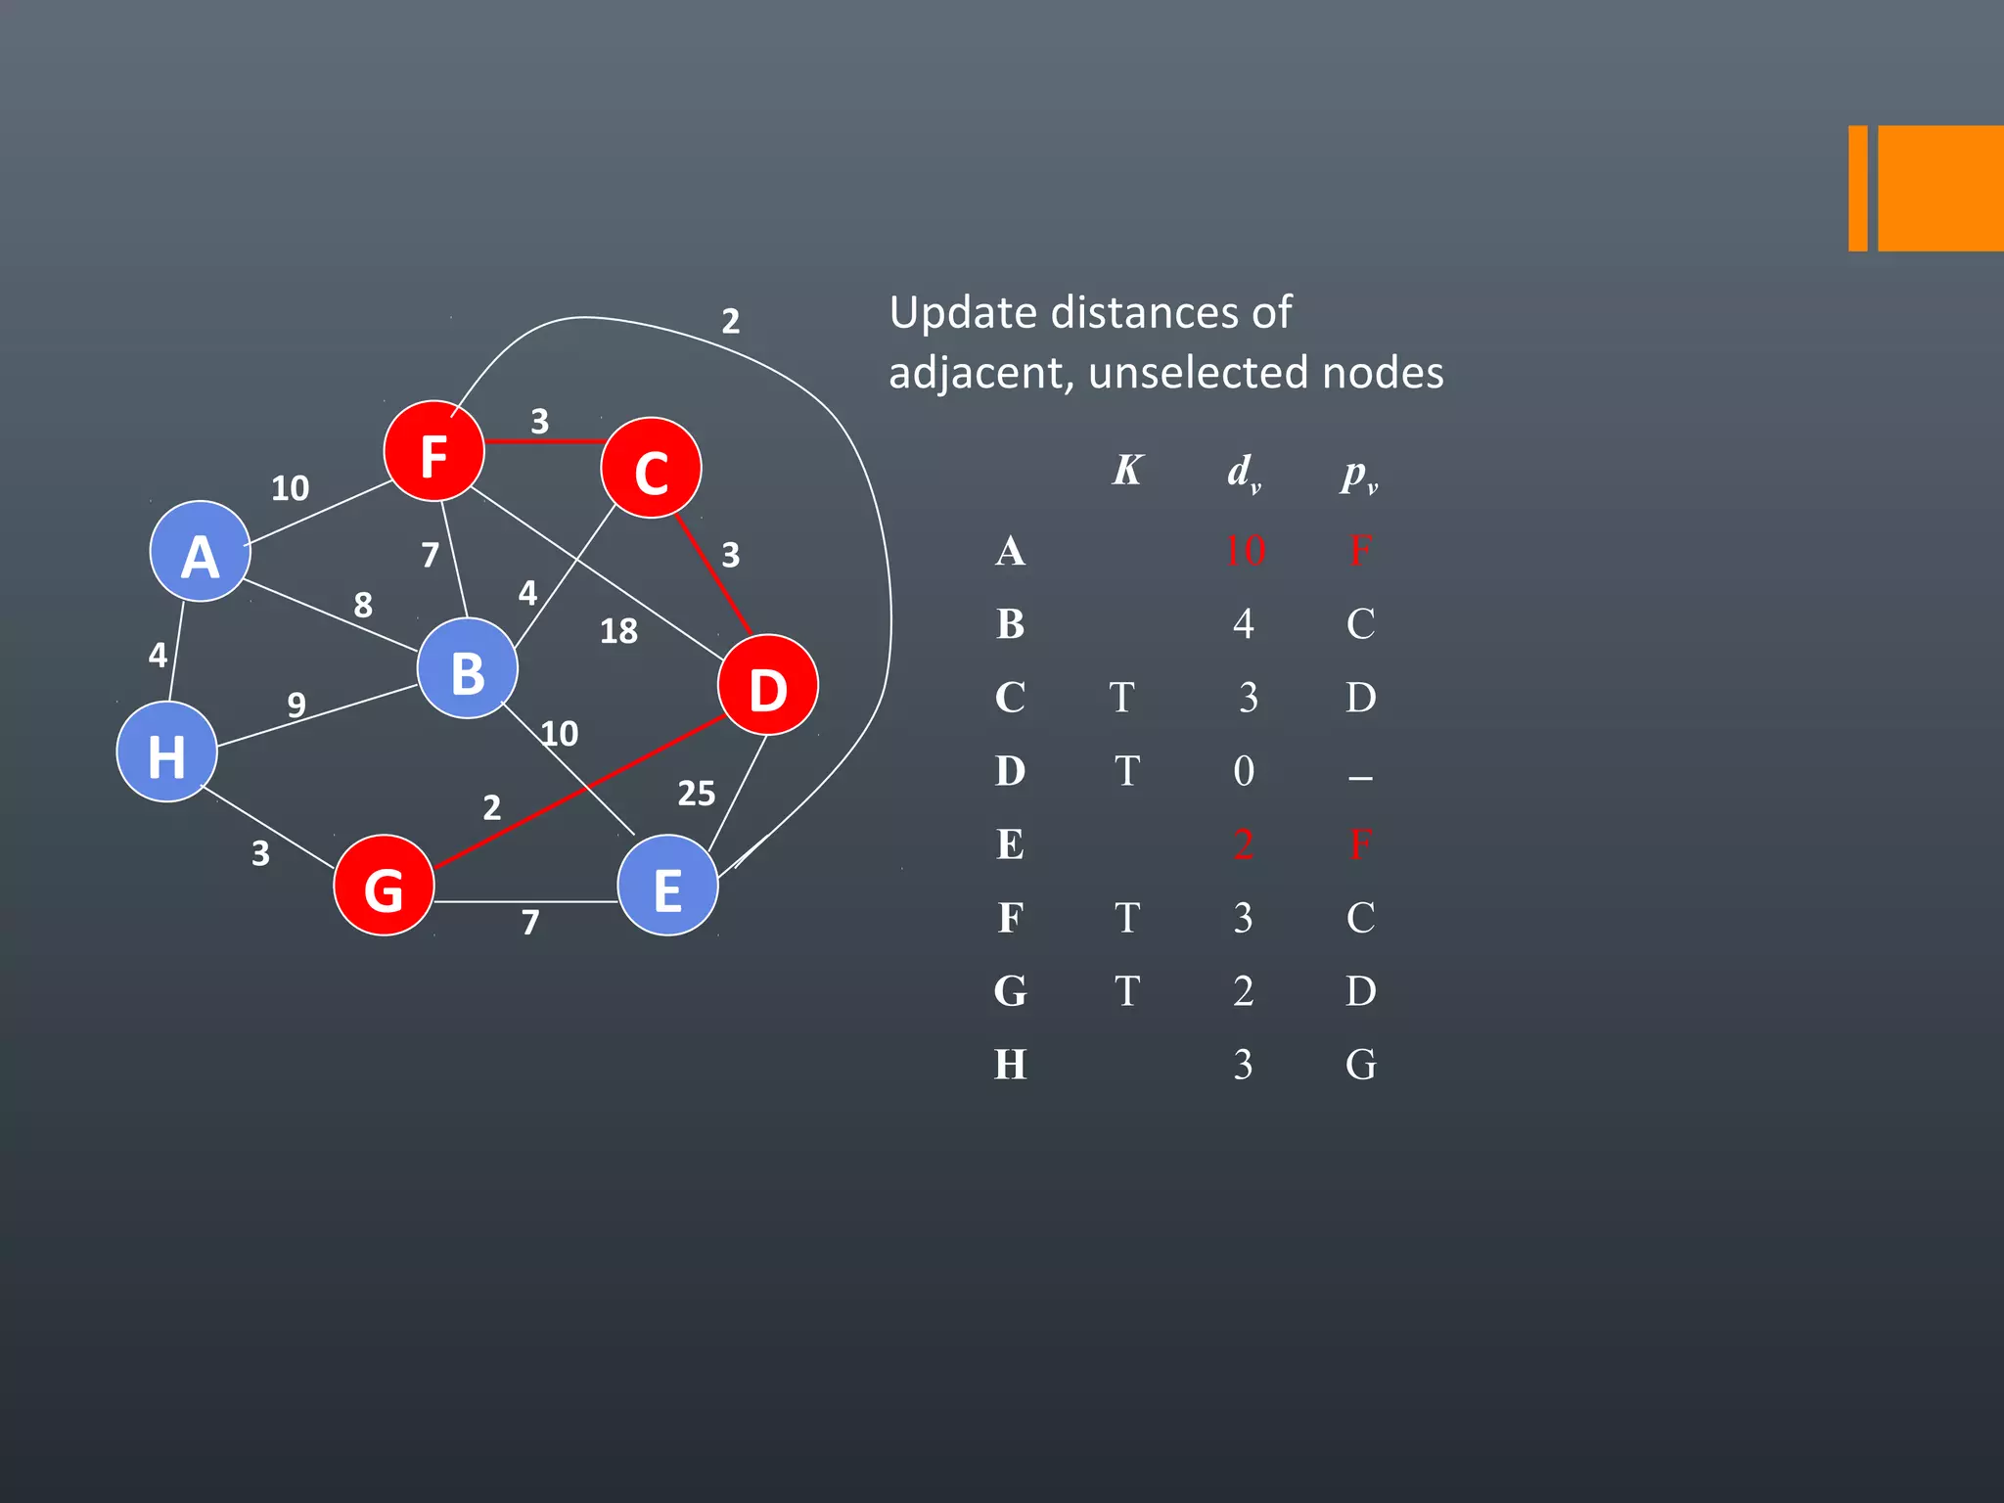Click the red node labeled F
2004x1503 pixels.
[433, 451]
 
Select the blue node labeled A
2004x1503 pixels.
[200, 552]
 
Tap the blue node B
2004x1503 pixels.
[467, 669]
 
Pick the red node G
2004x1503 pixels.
[384, 886]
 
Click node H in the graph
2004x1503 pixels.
[166, 752]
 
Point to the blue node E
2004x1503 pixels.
[668, 886]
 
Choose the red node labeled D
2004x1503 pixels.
[768, 685]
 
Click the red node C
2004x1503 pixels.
[651, 469]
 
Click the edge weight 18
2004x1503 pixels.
[618, 631]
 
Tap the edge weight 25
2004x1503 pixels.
[696, 794]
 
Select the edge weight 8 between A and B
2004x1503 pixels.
[363, 605]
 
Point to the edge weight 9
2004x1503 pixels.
[296, 705]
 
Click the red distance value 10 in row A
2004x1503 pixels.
[1245, 551]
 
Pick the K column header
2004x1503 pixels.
[1127, 471]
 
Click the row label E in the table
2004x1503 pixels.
[1010, 844]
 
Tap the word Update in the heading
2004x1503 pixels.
[963, 314]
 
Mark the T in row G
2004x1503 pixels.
[1126, 991]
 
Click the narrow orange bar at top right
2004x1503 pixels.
[1857, 189]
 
